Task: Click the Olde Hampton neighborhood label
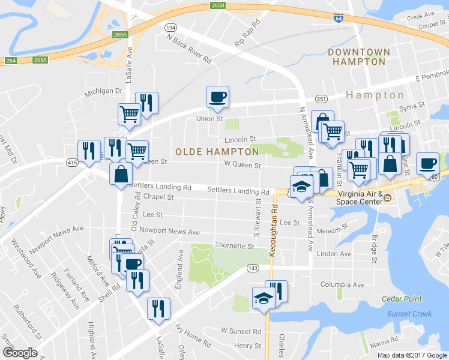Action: [x=217, y=152]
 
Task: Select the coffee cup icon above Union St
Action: [x=217, y=97]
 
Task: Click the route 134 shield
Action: [x=171, y=28]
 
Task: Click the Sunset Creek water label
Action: [x=409, y=314]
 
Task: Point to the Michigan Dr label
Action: [x=103, y=91]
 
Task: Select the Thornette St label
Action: [x=235, y=246]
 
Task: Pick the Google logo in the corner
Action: [x=20, y=353]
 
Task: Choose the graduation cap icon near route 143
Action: [x=264, y=299]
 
